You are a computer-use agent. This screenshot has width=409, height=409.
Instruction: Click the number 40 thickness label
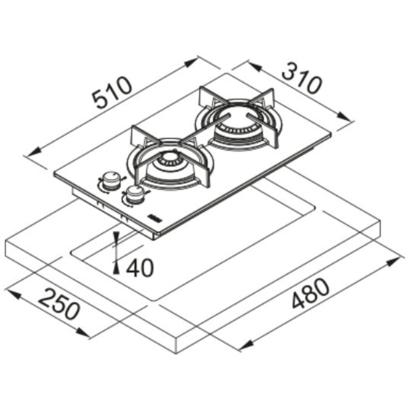(139, 268)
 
